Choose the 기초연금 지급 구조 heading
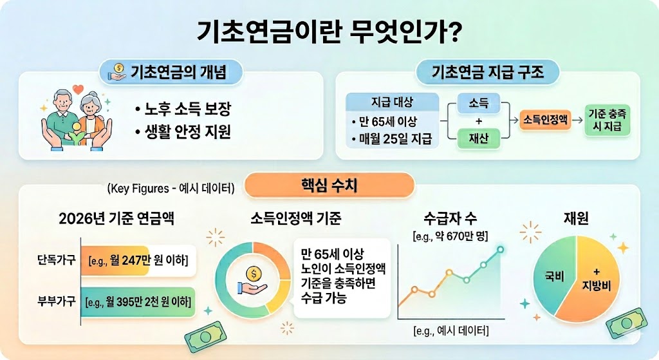(488, 71)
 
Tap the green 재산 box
(479, 137)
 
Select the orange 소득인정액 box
(546, 120)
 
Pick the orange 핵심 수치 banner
(329, 185)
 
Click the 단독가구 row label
(56, 261)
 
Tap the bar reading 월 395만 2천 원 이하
(138, 301)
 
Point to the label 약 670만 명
(450, 237)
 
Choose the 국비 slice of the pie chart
(554, 278)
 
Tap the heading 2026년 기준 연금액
(116, 218)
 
